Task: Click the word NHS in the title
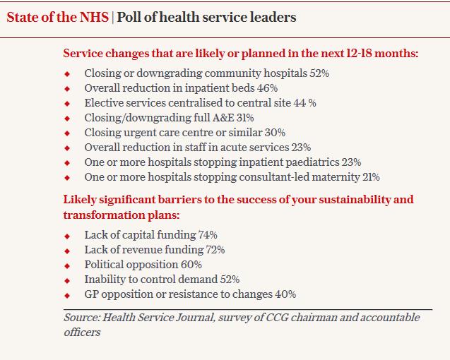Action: (94, 17)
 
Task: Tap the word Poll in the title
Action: (129, 17)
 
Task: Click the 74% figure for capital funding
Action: (208, 235)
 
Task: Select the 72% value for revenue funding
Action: (215, 250)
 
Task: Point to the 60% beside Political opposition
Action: (191, 265)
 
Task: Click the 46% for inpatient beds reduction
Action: (267, 88)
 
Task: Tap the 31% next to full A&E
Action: (245, 118)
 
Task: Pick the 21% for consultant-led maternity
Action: (371, 177)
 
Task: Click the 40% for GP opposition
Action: (285, 294)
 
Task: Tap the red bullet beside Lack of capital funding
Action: (67, 236)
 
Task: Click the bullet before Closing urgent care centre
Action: (67, 133)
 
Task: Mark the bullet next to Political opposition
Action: (67, 266)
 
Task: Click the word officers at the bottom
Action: (82, 332)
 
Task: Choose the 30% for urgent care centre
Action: (275, 133)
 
